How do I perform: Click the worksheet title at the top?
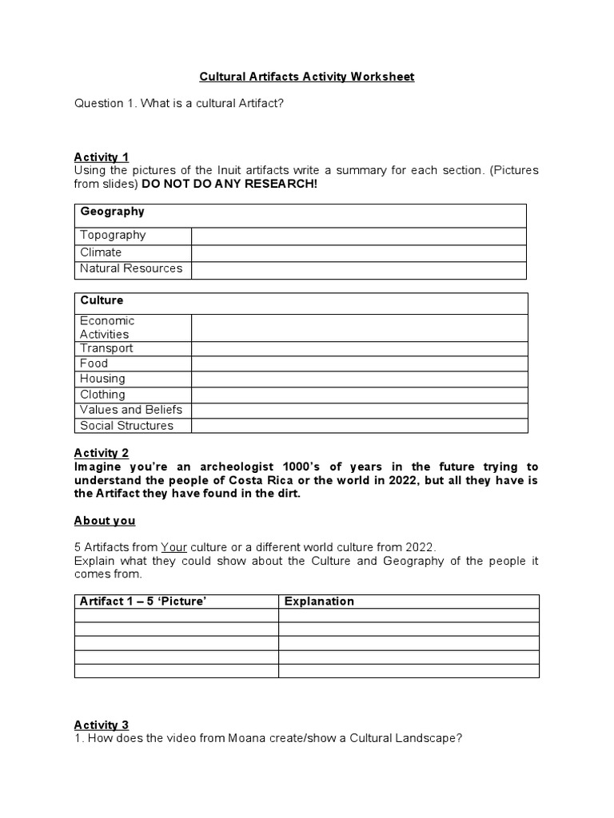pos(307,77)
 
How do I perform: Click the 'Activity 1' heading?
pos(102,157)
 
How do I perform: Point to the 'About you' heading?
pos(105,521)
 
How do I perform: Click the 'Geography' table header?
pos(112,212)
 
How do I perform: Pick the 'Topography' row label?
pos(113,235)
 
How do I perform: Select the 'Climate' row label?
pos(101,252)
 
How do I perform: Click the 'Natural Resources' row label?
pos(131,268)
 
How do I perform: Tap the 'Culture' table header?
pos(102,300)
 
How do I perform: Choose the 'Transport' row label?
pos(106,348)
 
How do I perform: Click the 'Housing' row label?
pos(102,379)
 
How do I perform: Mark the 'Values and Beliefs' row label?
pos(131,410)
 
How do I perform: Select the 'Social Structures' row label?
pos(126,426)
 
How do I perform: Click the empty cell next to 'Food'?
pos(359,363)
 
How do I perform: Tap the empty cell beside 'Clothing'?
pos(359,395)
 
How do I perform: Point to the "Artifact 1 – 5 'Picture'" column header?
pos(144,602)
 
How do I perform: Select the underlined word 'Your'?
pos(173,547)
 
